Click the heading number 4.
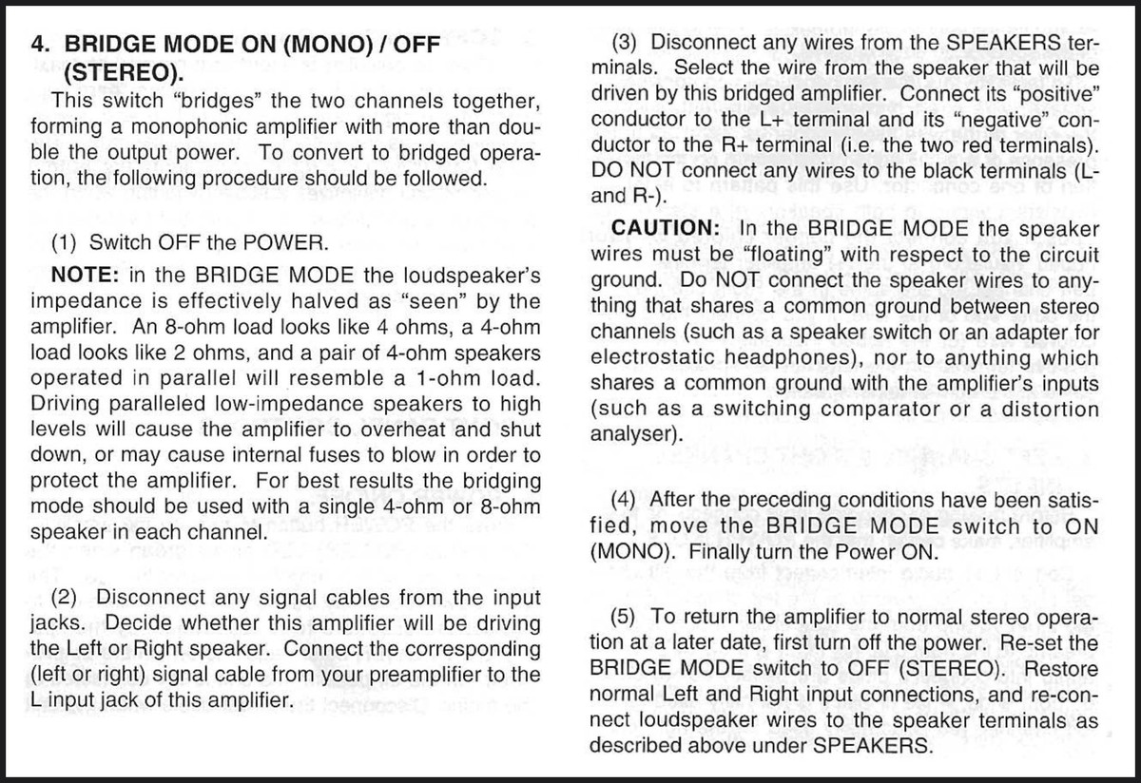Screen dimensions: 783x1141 pyautogui.click(x=40, y=46)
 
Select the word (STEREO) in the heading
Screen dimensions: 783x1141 pyautogui.click(x=122, y=72)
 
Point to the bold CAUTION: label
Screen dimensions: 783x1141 pyautogui.click(x=668, y=229)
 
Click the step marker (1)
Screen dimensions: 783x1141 pyautogui.click(x=68, y=241)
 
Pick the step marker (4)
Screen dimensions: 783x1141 pyautogui.click(x=629, y=500)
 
